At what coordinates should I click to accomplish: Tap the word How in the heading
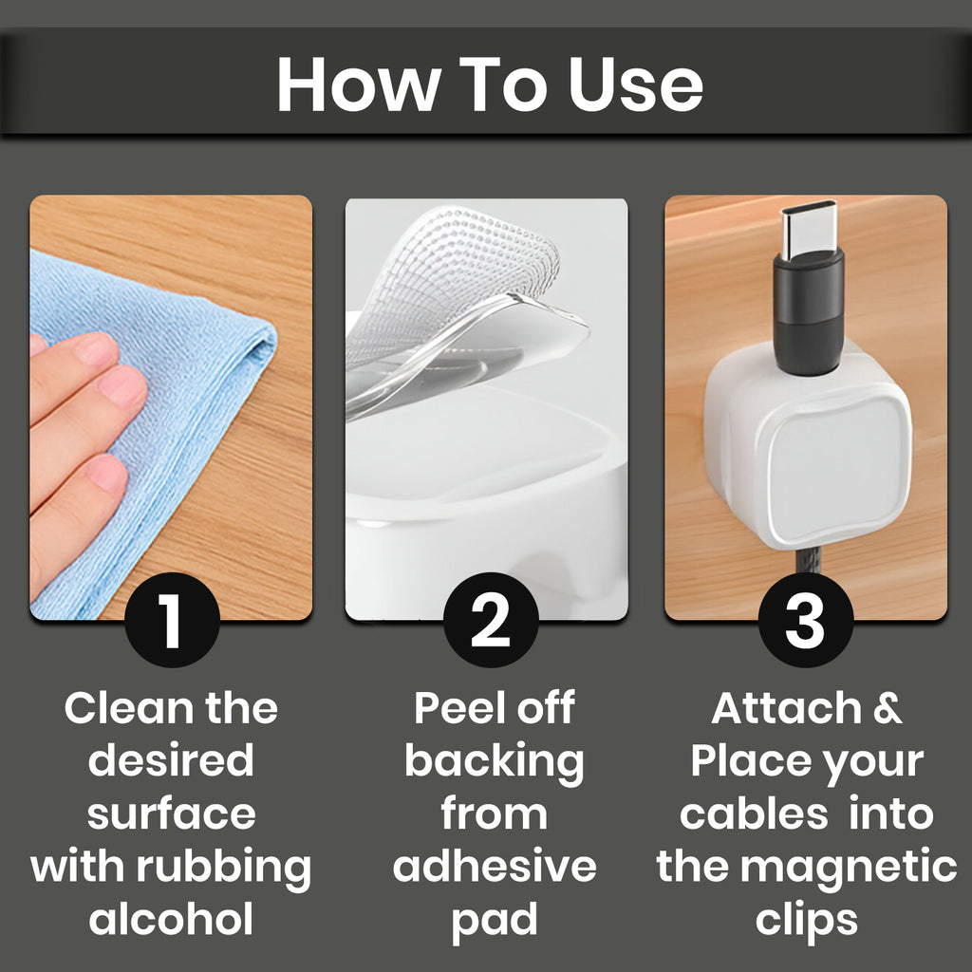[355, 84]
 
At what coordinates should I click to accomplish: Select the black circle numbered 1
[173, 619]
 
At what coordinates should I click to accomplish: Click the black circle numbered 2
[491, 619]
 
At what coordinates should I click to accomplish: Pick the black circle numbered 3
[805, 619]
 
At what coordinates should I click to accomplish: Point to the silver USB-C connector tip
[809, 230]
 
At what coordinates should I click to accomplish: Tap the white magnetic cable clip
[808, 446]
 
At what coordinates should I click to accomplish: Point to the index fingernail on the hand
[97, 349]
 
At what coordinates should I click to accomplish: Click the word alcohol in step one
[171, 919]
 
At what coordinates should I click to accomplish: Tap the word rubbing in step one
[224, 867]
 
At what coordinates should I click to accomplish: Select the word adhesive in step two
[495, 867]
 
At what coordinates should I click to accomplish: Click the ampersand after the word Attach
[888, 708]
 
